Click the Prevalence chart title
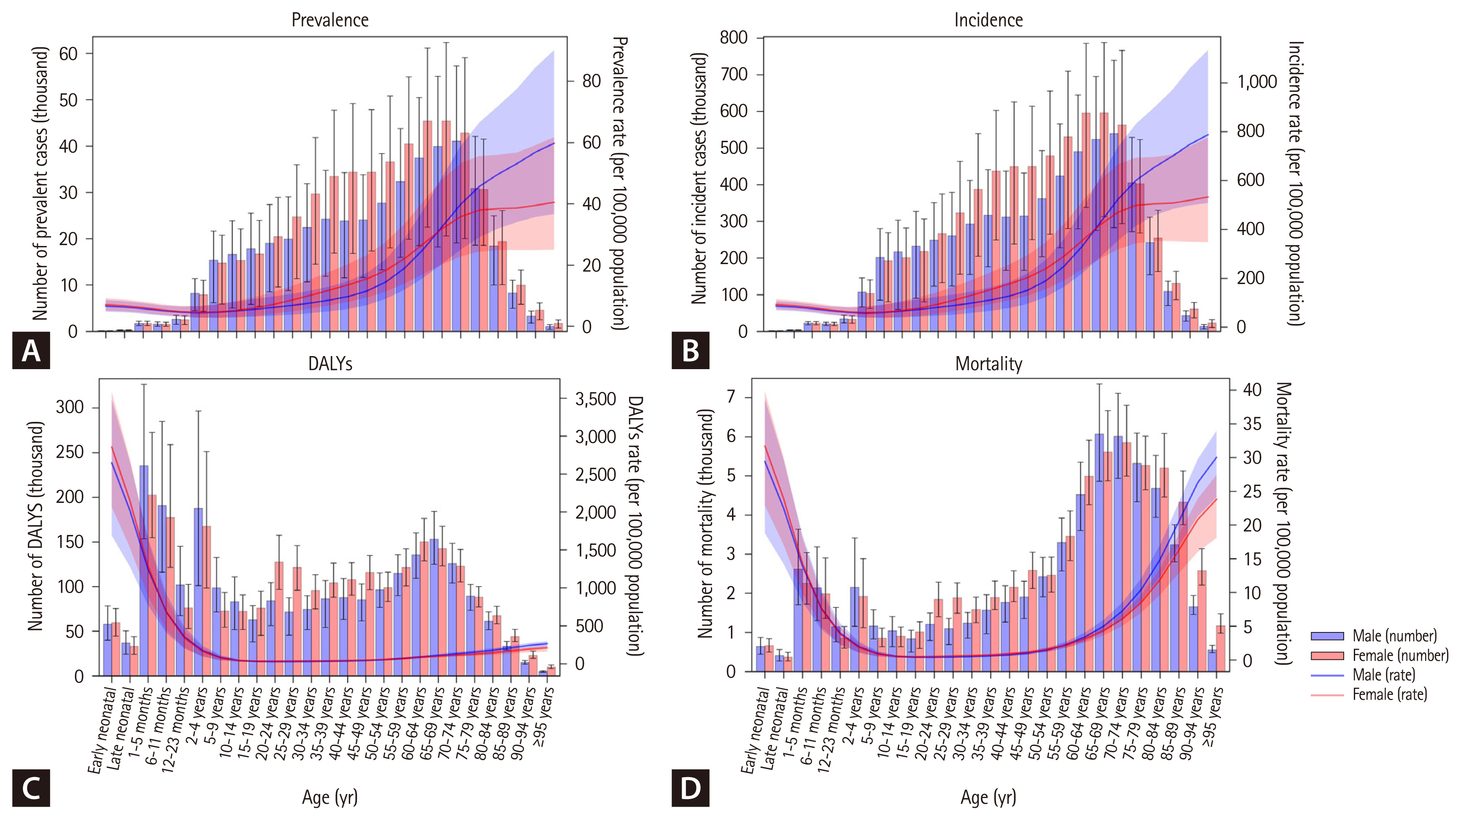tap(329, 20)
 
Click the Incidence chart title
tap(988, 20)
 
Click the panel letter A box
tap(31, 351)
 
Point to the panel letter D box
tap(690, 788)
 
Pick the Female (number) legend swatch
tap(1327, 656)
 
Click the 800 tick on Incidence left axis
tap(733, 38)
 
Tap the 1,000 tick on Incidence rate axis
tap(1257, 82)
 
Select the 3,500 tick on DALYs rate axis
tap(596, 399)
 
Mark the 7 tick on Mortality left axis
tap(731, 397)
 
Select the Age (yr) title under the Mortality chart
tap(988, 797)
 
